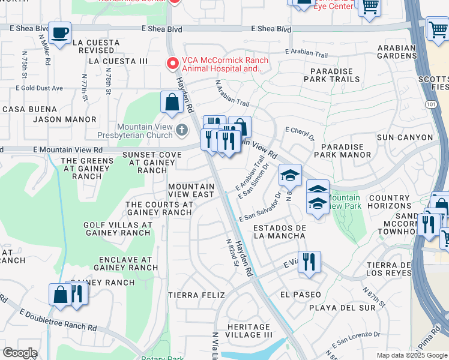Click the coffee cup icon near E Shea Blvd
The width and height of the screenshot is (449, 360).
coord(60,32)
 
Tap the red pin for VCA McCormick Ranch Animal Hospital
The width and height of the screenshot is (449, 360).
coord(173,62)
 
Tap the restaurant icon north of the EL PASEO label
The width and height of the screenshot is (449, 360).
coord(309,262)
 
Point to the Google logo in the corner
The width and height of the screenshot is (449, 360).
coord(20,353)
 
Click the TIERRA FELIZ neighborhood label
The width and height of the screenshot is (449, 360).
coord(196,295)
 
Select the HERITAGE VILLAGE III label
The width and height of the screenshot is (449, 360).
coord(249,331)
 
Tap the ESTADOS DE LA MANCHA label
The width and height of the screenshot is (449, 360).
coord(280,232)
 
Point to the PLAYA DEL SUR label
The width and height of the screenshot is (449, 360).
coord(342,308)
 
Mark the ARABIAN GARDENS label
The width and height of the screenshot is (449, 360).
coord(397,52)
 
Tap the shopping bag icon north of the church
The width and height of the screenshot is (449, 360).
coord(172,102)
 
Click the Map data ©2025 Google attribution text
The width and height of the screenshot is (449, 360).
coord(412,355)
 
